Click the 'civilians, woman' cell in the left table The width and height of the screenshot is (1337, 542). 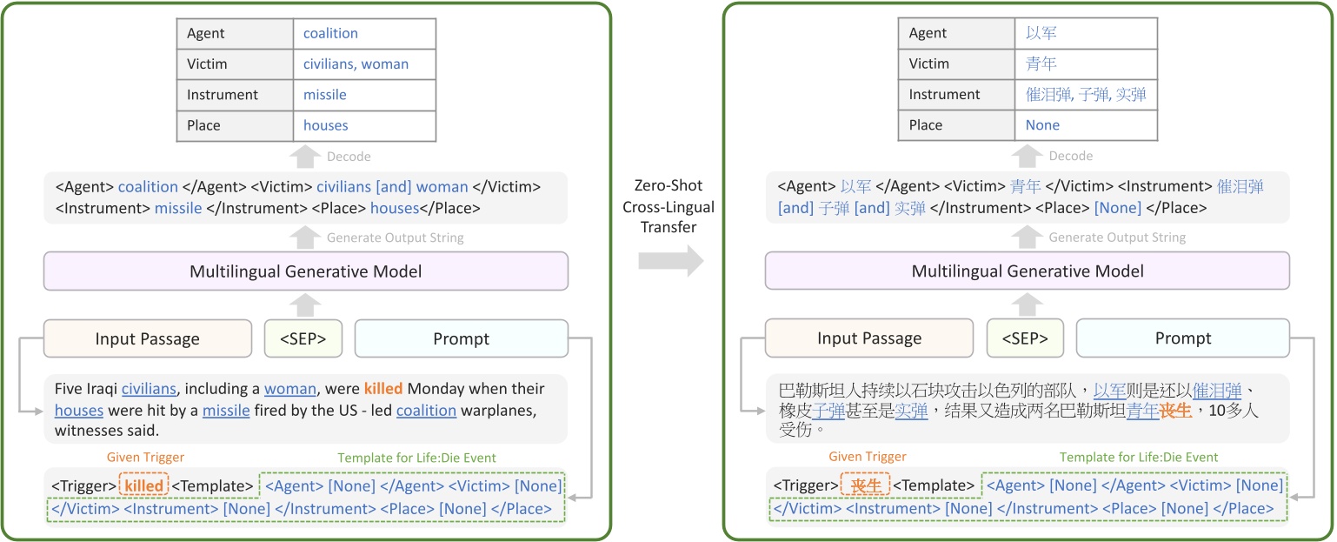(x=356, y=64)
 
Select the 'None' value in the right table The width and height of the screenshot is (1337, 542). (x=1042, y=125)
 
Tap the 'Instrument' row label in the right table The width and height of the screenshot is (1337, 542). (x=944, y=95)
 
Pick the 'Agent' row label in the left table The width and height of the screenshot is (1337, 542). (x=206, y=34)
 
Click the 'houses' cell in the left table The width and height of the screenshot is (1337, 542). (x=326, y=125)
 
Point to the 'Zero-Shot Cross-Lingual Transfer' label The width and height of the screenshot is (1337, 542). (x=668, y=207)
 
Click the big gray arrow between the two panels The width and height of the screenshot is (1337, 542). (x=670, y=260)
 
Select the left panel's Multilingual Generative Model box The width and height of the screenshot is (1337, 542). (x=306, y=271)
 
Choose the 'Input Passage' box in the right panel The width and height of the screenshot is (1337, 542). (x=869, y=338)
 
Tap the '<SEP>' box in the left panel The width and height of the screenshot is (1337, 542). (x=303, y=338)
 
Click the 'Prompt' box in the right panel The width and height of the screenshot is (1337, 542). (x=1183, y=338)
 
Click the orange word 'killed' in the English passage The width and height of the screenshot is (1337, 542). (x=383, y=389)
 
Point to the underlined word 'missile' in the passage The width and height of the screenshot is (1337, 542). (x=226, y=410)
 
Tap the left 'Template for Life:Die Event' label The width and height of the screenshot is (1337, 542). (x=417, y=458)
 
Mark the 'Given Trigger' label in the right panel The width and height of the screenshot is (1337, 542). (x=868, y=457)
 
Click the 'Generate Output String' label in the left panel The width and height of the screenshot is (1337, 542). (x=396, y=238)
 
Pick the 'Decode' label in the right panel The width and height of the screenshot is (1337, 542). (x=1071, y=157)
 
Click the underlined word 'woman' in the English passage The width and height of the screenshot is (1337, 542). (x=290, y=389)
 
